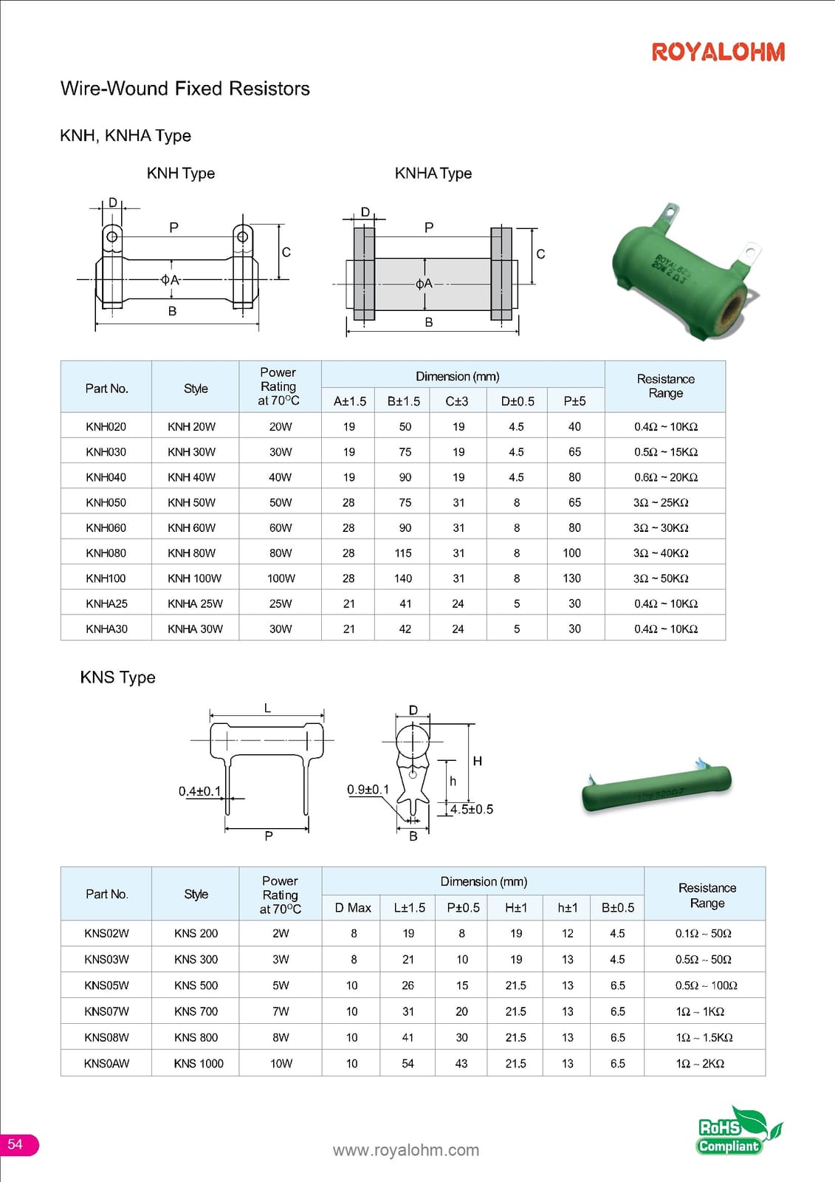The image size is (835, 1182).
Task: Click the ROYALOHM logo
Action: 718,52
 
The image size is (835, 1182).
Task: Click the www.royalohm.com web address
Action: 405,1149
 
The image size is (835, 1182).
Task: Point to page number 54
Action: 16,1144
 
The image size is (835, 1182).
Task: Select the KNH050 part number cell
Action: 106,502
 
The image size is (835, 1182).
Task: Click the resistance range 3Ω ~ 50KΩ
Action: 661,578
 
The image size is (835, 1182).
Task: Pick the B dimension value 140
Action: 403,578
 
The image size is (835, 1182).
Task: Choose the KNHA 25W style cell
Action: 195,604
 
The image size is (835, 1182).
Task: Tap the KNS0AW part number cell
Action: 106,1063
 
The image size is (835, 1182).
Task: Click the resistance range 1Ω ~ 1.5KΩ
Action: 704,1037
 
